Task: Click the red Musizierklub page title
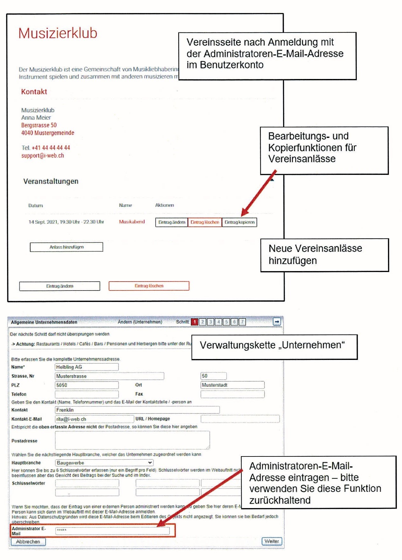click(x=58, y=33)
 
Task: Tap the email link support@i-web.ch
click(x=42, y=156)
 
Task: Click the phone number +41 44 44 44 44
click(x=51, y=148)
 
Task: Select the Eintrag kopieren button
click(x=239, y=222)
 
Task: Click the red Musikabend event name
click(x=132, y=222)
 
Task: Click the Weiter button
click(x=272, y=541)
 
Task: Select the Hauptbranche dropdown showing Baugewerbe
click(x=104, y=463)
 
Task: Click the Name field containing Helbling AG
click(x=86, y=367)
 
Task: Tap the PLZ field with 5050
click(x=86, y=385)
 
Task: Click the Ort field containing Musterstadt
click(x=232, y=385)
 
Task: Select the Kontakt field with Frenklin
click(x=137, y=410)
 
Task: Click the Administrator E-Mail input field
click(x=112, y=530)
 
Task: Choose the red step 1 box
click(x=194, y=322)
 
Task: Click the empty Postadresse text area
click(x=132, y=440)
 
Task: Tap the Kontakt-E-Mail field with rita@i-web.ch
click(x=94, y=419)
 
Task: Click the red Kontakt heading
click(x=34, y=92)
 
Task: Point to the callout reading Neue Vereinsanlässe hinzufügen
click(x=325, y=255)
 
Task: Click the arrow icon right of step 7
click(x=277, y=322)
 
